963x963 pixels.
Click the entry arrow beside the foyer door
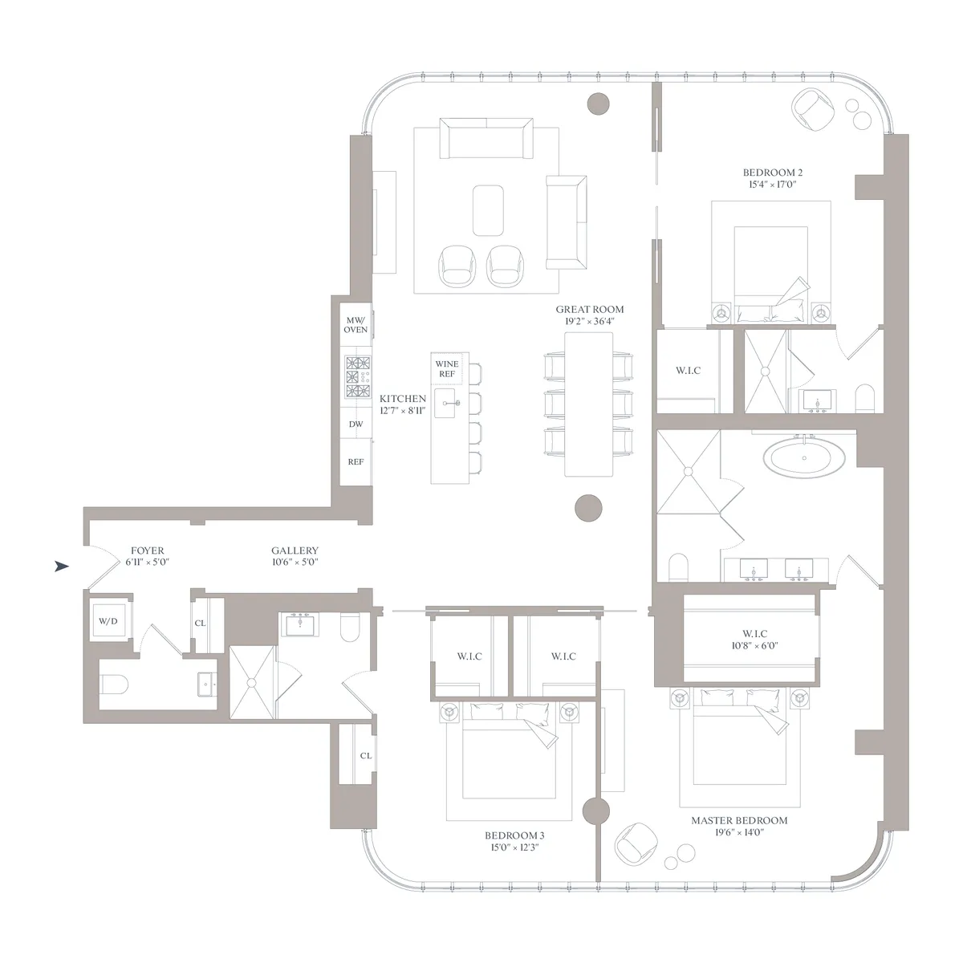(61, 567)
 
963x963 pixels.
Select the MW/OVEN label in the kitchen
(356, 325)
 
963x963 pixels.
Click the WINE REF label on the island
(446, 369)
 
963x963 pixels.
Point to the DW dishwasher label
(356, 424)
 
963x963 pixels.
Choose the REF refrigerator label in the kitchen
(356, 462)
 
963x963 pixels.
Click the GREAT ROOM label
(589, 310)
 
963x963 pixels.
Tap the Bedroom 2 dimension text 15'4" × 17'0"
(772, 185)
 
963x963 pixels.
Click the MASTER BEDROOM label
(739, 820)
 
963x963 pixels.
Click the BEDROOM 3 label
(515, 835)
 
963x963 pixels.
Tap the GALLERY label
(295, 551)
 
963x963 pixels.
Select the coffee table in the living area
(488, 210)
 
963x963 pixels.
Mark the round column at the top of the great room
(599, 103)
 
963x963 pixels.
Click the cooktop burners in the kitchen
(356, 377)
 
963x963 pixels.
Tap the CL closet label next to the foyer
(200, 624)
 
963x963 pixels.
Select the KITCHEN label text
(402, 399)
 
